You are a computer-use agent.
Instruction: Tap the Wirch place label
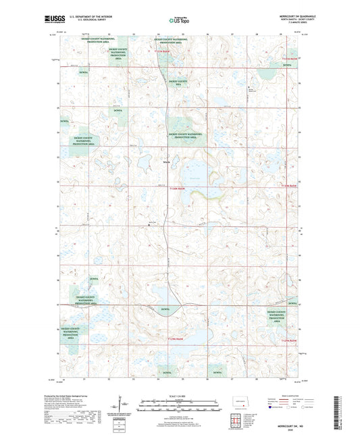[166, 161]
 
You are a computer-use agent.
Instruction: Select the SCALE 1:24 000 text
[180, 395]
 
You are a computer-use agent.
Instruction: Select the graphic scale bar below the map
[180, 407]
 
